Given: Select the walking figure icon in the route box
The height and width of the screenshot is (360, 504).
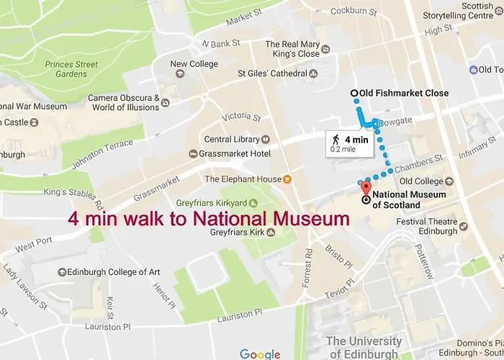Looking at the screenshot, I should point(335,139).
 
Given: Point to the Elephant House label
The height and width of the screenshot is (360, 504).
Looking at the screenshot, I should point(243,179).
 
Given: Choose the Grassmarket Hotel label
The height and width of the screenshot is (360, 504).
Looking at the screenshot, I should point(234,153).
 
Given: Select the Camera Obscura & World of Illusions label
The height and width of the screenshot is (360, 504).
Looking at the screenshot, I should point(124,102).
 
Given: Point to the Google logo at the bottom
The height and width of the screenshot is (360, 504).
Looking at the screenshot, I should point(260,354).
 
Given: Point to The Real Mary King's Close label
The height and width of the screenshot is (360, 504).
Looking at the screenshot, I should point(292,48).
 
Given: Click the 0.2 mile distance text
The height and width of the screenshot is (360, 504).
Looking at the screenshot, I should point(343,149).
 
